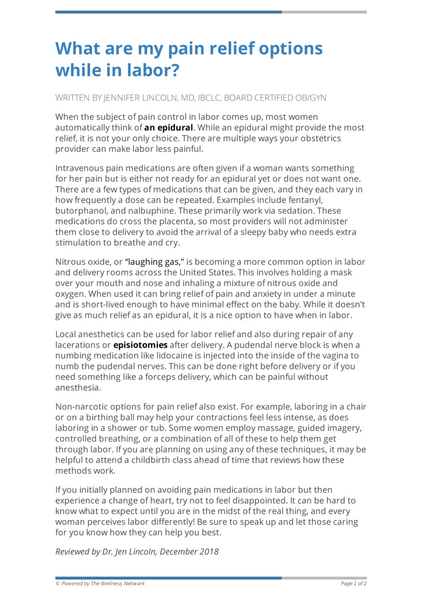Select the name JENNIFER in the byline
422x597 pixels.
[x=127, y=98]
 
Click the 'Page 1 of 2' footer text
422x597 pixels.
[x=353, y=583]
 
